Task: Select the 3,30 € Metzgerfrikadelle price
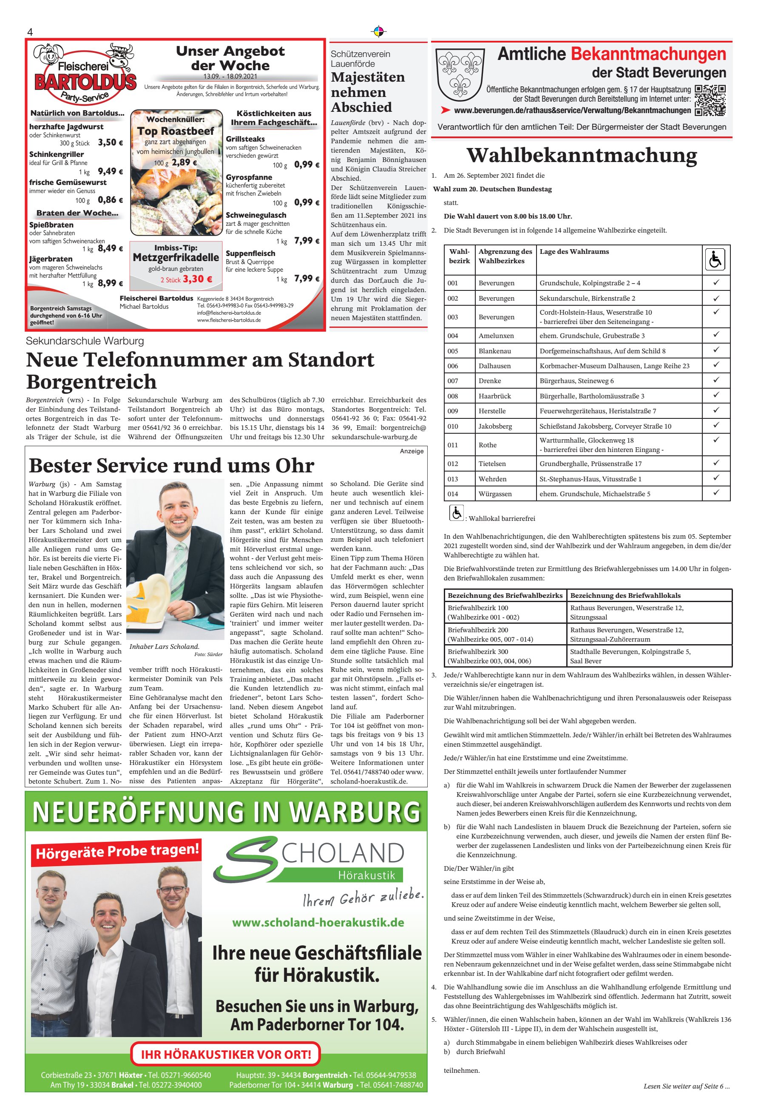197,279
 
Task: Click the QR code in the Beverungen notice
710,100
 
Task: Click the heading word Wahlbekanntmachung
582,155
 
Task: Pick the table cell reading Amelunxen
496,335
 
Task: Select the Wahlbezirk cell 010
453,426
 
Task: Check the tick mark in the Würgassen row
716,492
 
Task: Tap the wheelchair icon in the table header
715,260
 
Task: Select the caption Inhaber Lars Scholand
164,646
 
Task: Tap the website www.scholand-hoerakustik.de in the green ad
318,922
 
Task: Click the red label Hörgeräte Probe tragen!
117,852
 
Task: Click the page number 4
30,32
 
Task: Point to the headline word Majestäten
368,77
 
